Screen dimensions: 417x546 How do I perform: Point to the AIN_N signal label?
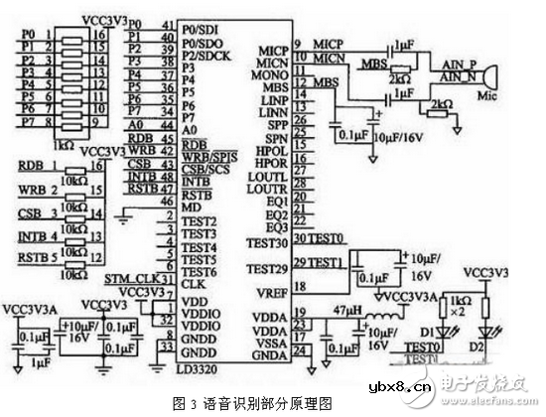pyautogui.click(x=456, y=75)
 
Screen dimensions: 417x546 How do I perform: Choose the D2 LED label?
pyautogui.click(x=489, y=349)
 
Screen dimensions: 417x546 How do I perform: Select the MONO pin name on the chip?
pyautogui.click(x=270, y=74)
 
